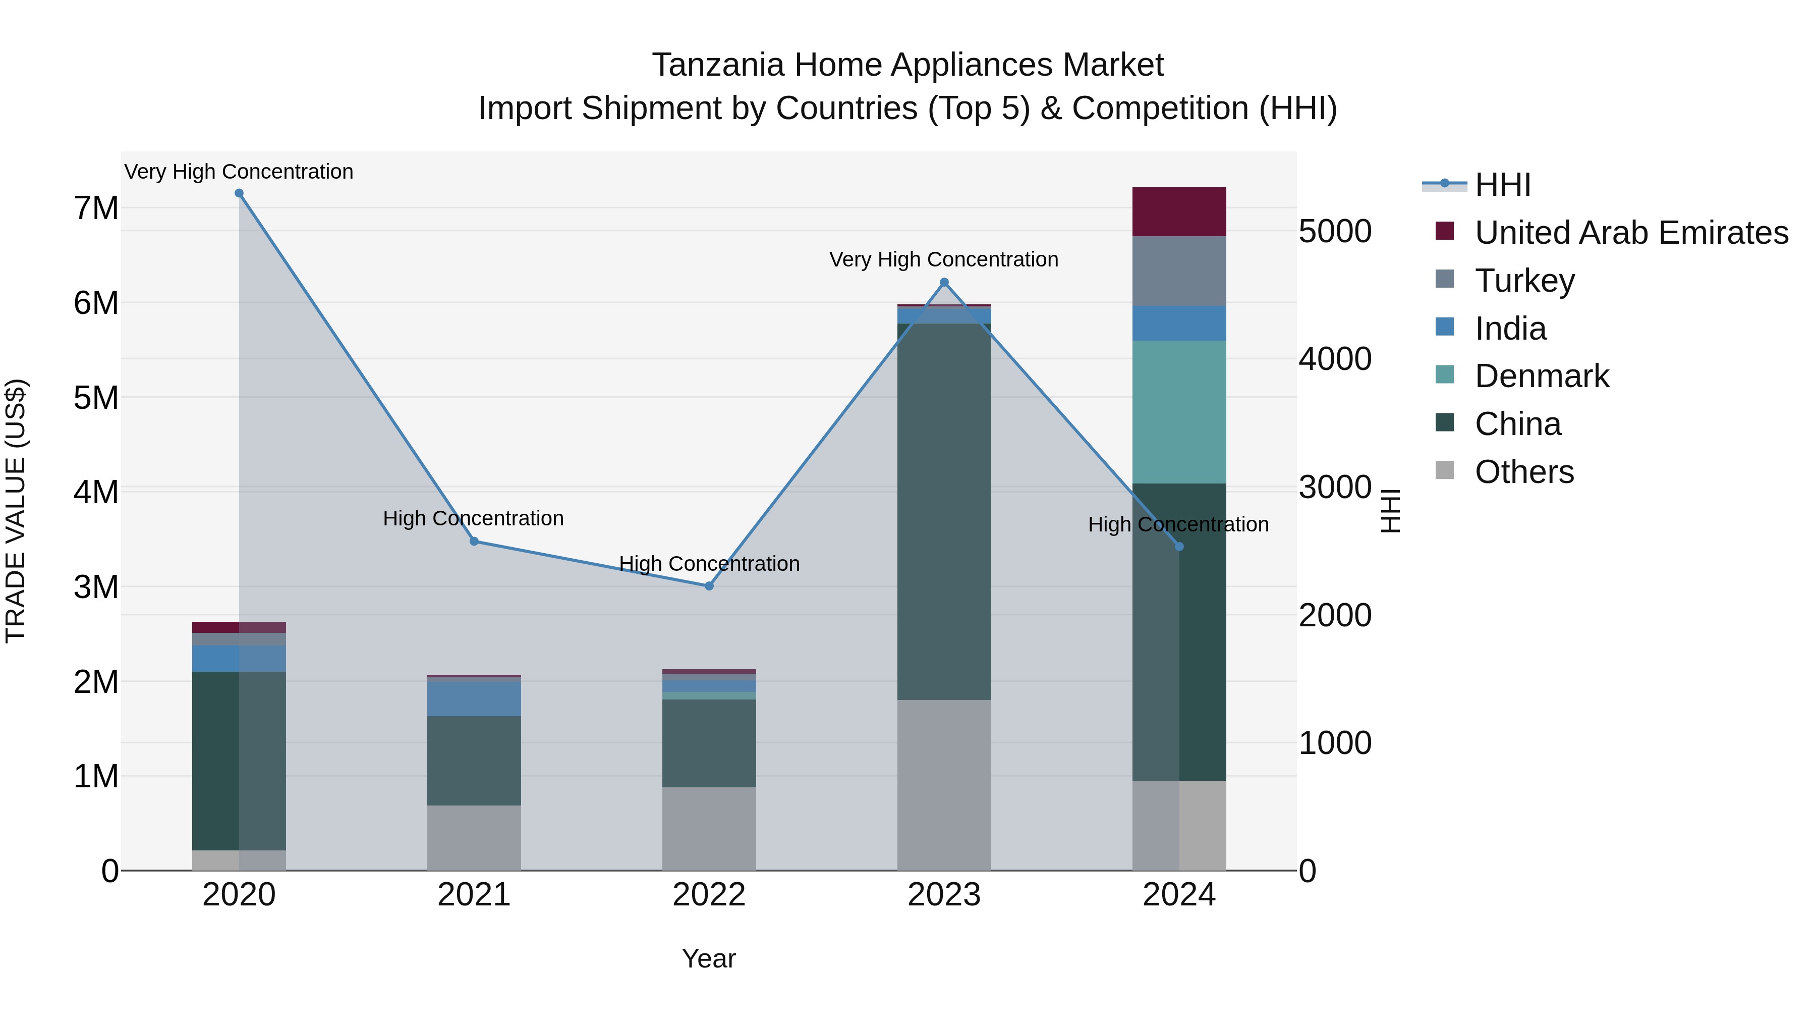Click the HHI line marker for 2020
(x=239, y=193)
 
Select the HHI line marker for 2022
(x=709, y=586)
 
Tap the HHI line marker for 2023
(x=945, y=283)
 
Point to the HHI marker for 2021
(x=474, y=542)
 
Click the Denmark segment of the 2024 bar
(x=1179, y=413)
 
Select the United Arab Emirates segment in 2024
(x=1179, y=211)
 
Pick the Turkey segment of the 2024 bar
(x=1179, y=272)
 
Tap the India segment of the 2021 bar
(x=474, y=699)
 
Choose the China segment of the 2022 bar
(x=709, y=743)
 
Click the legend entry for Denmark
(x=1541, y=376)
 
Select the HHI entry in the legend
(x=1502, y=185)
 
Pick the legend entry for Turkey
(x=1524, y=281)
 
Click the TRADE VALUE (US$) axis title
(x=16, y=511)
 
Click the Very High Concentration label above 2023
(x=943, y=259)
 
